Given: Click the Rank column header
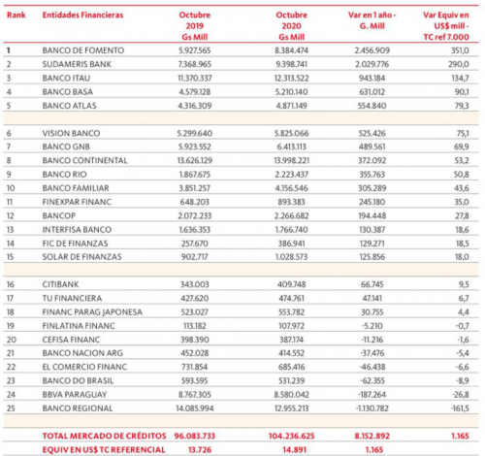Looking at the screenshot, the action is point(16,15).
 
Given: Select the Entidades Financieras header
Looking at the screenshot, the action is point(82,15).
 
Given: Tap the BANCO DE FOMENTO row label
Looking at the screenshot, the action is point(83,50).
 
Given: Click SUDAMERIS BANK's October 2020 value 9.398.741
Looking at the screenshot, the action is point(292,64).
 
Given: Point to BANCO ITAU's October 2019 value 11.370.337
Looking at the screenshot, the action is point(195,79).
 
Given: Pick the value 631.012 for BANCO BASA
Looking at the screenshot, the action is point(372,92).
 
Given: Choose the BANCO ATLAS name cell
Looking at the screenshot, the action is point(69,106).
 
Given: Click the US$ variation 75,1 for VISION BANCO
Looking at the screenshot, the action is point(462,133).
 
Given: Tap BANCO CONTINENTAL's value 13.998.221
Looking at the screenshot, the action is point(292,161).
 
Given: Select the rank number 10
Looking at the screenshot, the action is point(11,188).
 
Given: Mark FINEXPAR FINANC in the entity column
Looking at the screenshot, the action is point(77,202).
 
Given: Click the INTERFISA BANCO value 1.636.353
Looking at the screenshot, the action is point(195,230).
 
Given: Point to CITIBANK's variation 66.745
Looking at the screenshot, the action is point(372,284).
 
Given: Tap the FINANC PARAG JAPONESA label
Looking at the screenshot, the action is point(92,312).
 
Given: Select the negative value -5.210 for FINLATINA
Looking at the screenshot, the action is point(372,326).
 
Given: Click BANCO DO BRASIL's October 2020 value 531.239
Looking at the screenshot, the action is point(292,381).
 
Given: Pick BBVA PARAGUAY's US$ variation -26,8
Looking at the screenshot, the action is point(461,395).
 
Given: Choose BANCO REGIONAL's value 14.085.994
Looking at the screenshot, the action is point(195,408).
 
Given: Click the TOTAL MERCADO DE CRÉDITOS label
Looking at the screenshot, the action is point(104,436).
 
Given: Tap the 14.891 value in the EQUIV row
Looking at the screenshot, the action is point(294,450).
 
